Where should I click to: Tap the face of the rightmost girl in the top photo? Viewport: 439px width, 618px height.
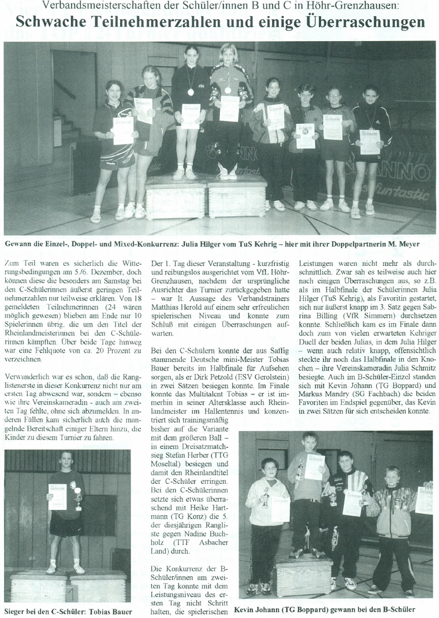[x=370, y=93]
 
